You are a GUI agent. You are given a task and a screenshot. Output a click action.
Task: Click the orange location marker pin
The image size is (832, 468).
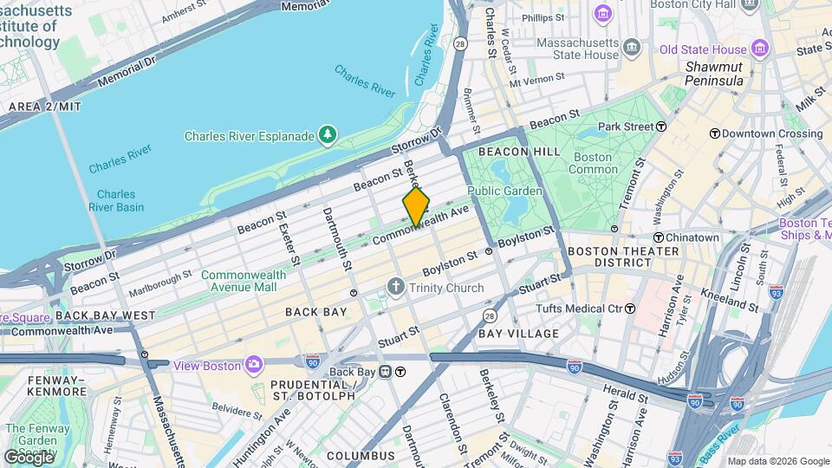416,206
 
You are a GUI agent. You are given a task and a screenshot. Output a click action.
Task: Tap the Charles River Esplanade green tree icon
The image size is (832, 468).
328,135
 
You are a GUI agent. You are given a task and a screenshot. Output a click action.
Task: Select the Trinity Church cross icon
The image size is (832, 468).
396,287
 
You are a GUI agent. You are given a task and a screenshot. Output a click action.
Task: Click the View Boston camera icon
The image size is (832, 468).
253,365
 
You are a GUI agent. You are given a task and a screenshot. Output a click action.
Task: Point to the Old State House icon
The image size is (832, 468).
760,49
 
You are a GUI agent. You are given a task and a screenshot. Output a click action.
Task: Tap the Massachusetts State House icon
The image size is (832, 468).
631,46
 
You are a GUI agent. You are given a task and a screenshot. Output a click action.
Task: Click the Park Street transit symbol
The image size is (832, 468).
660,127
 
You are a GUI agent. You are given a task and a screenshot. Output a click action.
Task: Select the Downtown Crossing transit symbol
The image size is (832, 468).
714,133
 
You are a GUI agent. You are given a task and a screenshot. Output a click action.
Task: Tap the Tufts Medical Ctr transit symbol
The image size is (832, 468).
630,309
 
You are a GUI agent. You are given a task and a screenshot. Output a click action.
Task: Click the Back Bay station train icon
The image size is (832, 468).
400,373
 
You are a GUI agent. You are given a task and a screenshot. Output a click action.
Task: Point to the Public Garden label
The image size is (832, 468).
504,191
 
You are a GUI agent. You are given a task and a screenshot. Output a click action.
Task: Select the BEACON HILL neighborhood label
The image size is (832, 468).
515,152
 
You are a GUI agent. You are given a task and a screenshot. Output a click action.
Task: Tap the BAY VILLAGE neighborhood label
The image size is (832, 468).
518,334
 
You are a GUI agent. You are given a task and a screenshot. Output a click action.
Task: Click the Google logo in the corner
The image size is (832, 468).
28,457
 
